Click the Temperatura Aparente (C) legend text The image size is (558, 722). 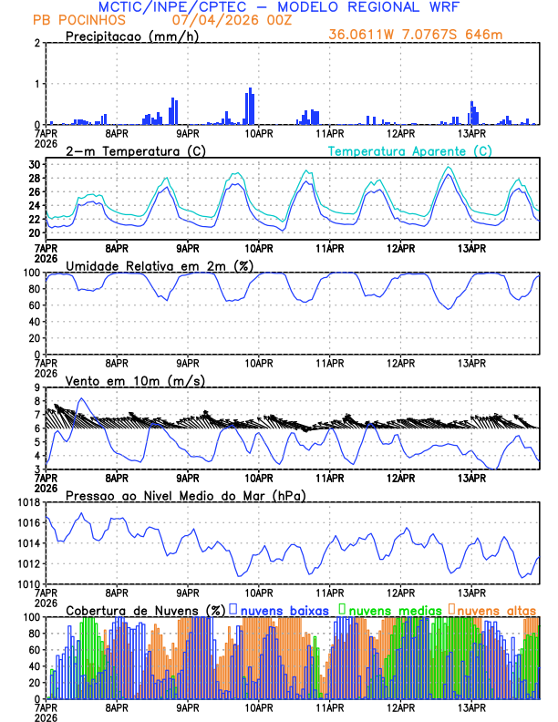pyautogui.click(x=409, y=150)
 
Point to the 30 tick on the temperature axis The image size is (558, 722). pyautogui.click(x=35, y=164)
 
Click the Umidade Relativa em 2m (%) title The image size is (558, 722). pyautogui.click(x=153, y=265)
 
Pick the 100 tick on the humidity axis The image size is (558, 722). pyautogui.click(x=32, y=273)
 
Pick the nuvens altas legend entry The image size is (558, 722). pyautogui.click(x=496, y=609)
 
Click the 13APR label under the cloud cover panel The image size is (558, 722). pyautogui.click(x=471, y=707)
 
